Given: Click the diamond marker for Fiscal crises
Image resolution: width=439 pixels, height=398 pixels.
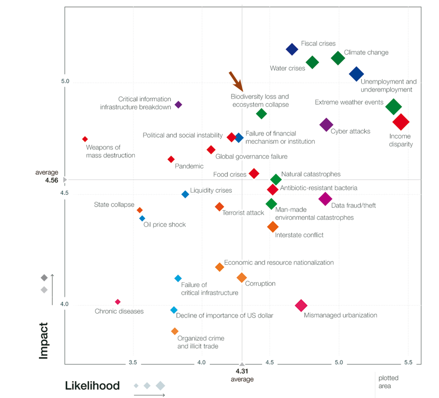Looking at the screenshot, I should [x=292, y=49].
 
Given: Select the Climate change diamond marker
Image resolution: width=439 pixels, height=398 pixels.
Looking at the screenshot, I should [x=338, y=58].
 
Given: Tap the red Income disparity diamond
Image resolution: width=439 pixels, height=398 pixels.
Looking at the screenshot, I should [x=401, y=122].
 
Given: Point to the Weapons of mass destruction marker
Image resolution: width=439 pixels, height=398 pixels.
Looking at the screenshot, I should [x=85, y=139].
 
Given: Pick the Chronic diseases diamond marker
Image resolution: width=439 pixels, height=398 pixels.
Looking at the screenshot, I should [x=118, y=302].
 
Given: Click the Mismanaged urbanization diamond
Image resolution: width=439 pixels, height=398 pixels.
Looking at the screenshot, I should [x=301, y=305].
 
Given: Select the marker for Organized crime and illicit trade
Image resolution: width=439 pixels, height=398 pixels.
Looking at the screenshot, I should [x=175, y=331].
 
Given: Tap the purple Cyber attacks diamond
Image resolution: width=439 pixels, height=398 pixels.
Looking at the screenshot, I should [x=326, y=125].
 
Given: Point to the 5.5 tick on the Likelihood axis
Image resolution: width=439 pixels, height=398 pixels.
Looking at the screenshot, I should [x=408, y=363].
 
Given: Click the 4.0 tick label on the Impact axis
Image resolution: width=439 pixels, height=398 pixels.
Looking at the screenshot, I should [x=65, y=304].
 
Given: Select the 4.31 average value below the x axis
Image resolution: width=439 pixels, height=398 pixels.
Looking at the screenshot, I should [x=242, y=371].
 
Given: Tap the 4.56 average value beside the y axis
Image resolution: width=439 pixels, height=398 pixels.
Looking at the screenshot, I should [x=52, y=180].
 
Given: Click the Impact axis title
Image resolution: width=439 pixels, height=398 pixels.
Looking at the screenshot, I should [x=44, y=341].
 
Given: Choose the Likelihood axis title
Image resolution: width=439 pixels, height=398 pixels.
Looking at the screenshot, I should [x=92, y=386].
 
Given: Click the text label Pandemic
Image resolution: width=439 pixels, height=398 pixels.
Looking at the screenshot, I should [x=189, y=166].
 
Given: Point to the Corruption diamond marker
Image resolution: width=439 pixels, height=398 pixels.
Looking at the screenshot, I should [x=241, y=278].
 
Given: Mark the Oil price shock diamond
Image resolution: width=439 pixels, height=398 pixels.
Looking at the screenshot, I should [x=142, y=218].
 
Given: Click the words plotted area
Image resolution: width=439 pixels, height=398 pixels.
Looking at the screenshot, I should [x=388, y=382].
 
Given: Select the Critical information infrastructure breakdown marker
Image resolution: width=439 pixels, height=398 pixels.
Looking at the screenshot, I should [x=178, y=105].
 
